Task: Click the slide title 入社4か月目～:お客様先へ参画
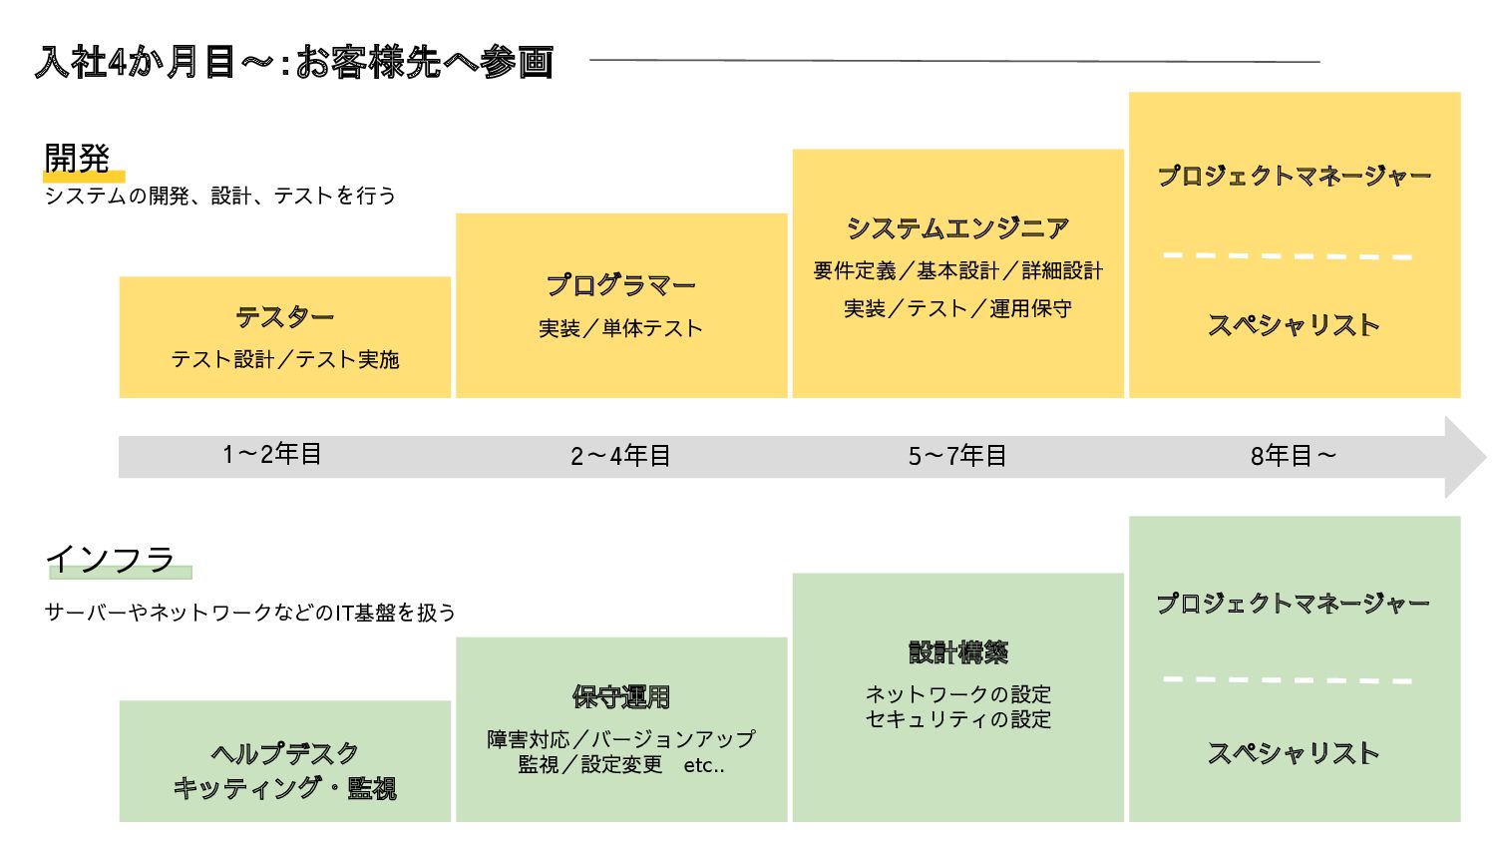[294, 62]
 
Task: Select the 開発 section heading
[77, 158]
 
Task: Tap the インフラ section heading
[110, 559]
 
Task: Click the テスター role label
[285, 317]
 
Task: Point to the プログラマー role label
[620, 285]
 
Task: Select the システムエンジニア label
[957, 228]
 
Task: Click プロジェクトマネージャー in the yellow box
[1294, 177]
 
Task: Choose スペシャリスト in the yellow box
[1294, 325]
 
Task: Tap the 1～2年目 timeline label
[271, 455]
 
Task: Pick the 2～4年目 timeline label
[620, 456]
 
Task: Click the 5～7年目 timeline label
[957, 456]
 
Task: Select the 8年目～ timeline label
[1294, 456]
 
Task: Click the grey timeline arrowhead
[1465, 457]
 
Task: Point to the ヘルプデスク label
[285, 753]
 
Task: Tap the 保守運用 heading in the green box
[620, 696]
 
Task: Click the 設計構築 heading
[957, 652]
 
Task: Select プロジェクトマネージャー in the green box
[1294, 604]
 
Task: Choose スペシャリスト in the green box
[1294, 753]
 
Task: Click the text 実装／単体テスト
[620, 328]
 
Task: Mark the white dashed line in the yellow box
[1288, 255]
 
